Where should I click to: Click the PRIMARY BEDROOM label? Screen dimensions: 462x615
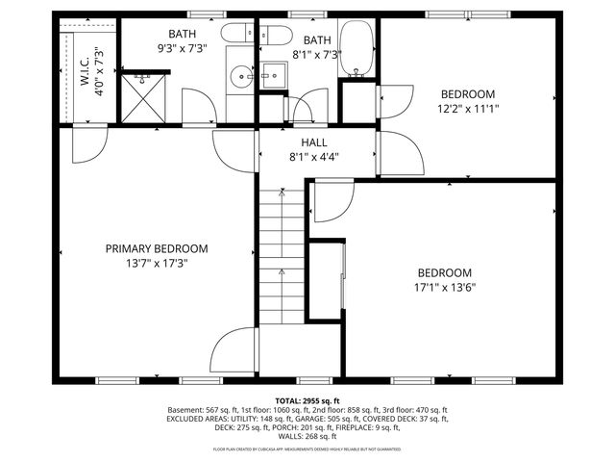pyautogui.click(x=156, y=248)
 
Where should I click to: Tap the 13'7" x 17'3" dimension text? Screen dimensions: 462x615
pyautogui.click(x=156, y=262)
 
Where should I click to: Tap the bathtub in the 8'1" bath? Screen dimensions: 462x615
pyautogui.click(x=359, y=48)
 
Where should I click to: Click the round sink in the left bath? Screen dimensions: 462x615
pyautogui.click(x=241, y=74)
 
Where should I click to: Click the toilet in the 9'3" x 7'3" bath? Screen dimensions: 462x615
pyautogui.click(x=236, y=36)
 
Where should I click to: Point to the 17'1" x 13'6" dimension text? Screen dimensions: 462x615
pyautogui.click(x=444, y=286)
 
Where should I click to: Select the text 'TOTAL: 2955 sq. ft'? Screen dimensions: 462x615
pyautogui.click(x=307, y=399)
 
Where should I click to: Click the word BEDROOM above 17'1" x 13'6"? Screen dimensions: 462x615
pyautogui.click(x=444, y=272)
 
